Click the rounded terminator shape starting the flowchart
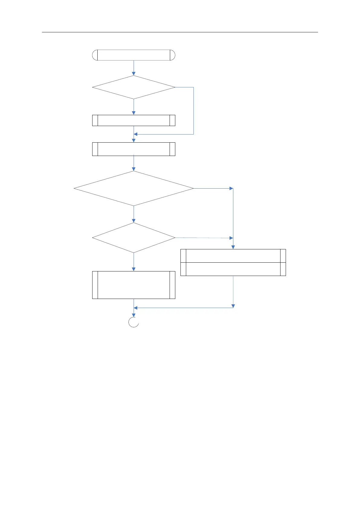(x=134, y=55)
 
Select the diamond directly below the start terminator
(x=134, y=87)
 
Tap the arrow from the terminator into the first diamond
(x=134, y=68)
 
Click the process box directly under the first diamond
(x=134, y=120)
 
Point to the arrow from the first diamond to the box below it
(x=134, y=107)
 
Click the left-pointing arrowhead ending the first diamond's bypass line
(x=136, y=134)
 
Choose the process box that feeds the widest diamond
(x=134, y=149)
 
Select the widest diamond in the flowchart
(x=134, y=189)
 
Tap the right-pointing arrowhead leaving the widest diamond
(x=231, y=189)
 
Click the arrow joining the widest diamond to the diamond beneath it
(x=134, y=214)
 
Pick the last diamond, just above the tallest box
(x=134, y=238)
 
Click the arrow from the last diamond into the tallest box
(x=134, y=262)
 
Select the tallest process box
(x=134, y=285)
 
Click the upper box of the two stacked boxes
(x=233, y=256)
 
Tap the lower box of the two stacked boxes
(x=233, y=269)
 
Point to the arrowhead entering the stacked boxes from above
(x=233, y=247)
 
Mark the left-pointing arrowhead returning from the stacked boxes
(x=136, y=308)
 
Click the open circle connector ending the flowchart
(x=134, y=322)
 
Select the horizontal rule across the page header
(x=180, y=32)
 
